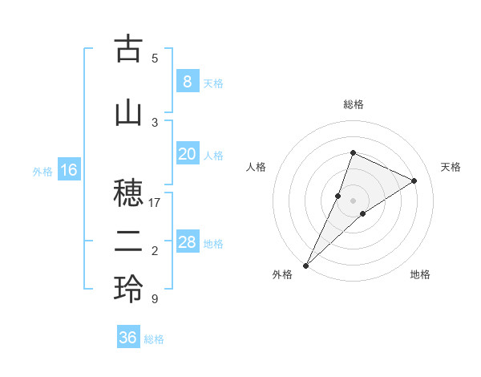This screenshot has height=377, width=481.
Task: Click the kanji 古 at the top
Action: (x=128, y=49)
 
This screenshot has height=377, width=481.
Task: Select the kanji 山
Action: (x=128, y=112)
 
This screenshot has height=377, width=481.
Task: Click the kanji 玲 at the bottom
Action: (x=128, y=290)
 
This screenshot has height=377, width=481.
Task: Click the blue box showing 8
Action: (x=187, y=81)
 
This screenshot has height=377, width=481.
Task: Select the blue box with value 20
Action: (x=187, y=154)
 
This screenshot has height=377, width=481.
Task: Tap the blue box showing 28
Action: (x=187, y=242)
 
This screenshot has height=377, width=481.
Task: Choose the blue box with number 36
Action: (x=127, y=338)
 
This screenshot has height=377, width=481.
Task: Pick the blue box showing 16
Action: (x=68, y=170)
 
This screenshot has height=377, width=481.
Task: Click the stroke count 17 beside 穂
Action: (x=155, y=203)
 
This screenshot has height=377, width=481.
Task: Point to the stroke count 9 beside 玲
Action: (x=155, y=299)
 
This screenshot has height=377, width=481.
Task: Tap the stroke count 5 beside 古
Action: (x=155, y=58)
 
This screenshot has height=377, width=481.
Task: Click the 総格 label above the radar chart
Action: (x=353, y=104)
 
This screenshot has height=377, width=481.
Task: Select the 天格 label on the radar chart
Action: (x=451, y=167)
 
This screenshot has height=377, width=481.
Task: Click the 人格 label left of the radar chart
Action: (x=256, y=167)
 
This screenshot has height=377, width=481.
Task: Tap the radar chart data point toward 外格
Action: (x=306, y=265)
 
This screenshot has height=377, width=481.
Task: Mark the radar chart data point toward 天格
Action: (x=414, y=180)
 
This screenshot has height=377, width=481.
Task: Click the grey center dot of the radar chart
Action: (x=353, y=201)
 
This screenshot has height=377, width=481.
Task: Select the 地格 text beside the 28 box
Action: (x=213, y=243)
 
